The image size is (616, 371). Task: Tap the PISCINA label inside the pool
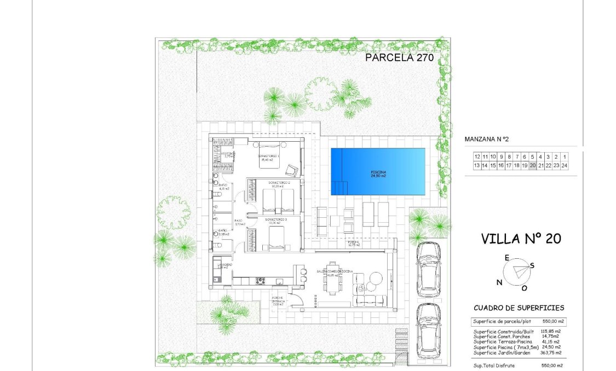click(x=378, y=173)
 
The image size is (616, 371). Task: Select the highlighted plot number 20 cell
click(x=532, y=165)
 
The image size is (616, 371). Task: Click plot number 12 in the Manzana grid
click(x=477, y=156)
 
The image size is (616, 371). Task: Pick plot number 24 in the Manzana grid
click(x=564, y=165)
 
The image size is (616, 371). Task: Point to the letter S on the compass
click(x=532, y=265)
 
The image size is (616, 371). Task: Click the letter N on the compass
click(x=499, y=282)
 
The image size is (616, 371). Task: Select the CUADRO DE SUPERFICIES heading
click(x=519, y=308)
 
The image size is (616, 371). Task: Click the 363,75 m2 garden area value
click(x=550, y=353)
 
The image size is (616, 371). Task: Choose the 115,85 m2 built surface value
click(x=550, y=332)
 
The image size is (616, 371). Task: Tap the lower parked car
click(x=428, y=331)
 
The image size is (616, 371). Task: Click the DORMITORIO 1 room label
click(x=269, y=156)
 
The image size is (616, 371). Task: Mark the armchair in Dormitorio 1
click(x=293, y=170)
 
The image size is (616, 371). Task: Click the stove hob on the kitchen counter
click(x=261, y=281)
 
